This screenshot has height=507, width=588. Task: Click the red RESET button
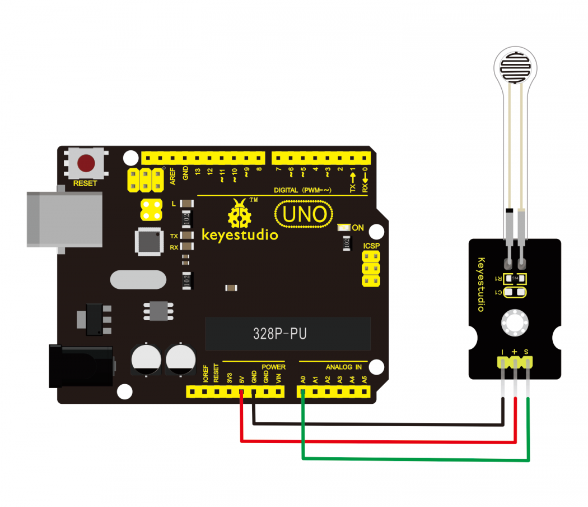coord(86,163)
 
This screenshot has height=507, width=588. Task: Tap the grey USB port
coord(64,219)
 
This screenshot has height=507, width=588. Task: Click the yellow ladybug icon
coord(239,214)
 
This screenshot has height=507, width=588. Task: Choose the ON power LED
coord(343,228)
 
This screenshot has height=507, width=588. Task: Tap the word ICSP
coord(372,246)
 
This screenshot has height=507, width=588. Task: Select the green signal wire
coord(414,460)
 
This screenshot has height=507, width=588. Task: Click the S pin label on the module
coord(526,352)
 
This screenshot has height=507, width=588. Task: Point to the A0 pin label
coord(302,380)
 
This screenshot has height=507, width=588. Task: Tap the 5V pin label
coord(241,380)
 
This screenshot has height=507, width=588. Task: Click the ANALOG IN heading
coord(344,367)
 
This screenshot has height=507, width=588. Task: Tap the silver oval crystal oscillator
coord(138,279)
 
